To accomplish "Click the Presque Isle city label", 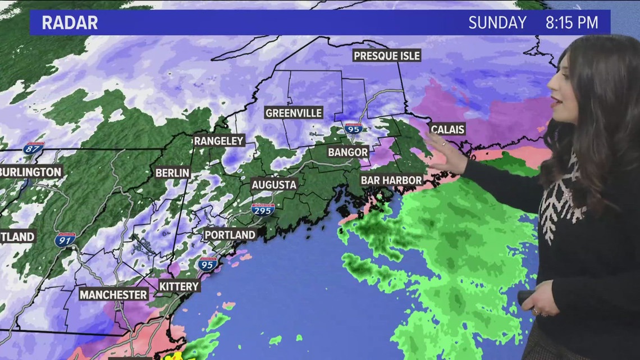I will [386, 56].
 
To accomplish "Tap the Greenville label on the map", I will [294, 113].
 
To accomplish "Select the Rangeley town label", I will [219, 140].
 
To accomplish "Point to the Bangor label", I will [348, 152].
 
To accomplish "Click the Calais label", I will [447, 130].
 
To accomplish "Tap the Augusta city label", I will [273, 185].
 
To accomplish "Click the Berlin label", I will [172, 173].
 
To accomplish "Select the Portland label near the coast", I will [230, 235].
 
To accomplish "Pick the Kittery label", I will [179, 286].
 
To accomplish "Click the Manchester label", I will [113, 294].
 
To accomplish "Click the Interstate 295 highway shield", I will [263, 209].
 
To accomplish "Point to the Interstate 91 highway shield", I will [65, 240].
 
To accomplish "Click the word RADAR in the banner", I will [70, 23].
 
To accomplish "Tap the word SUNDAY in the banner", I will [497, 23].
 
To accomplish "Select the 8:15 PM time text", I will [572, 23].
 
